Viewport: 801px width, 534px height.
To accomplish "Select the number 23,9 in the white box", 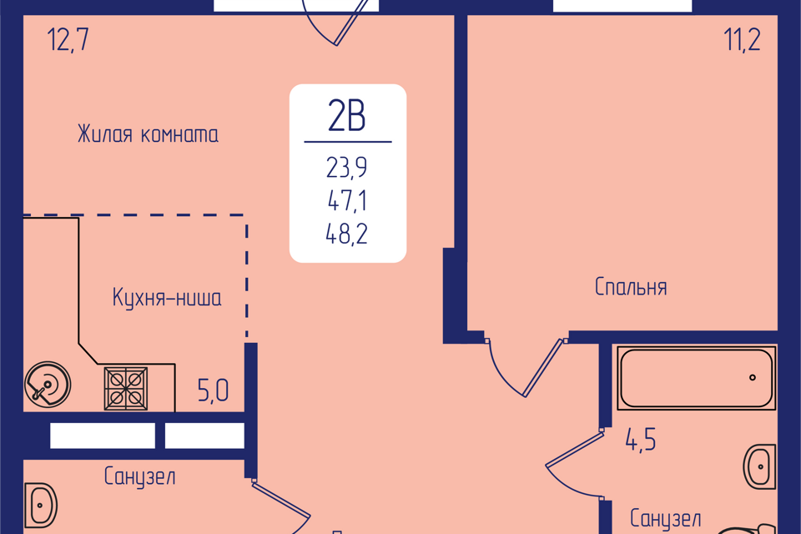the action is click(x=347, y=168).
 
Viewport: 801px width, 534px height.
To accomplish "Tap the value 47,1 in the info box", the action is click(x=347, y=200).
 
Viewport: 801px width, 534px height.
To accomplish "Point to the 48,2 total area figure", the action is click(x=347, y=234).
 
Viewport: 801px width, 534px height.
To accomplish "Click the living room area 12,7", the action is click(x=68, y=40).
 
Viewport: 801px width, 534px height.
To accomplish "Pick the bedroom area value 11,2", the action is click(x=743, y=39).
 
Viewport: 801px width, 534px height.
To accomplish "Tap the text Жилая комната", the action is click(x=149, y=134).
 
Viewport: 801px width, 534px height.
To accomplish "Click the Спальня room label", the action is click(x=631, y=287).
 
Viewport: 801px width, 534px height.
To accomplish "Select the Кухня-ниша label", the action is click(x=167, y=297).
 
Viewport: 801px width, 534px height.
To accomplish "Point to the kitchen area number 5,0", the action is click(x=213, y=391).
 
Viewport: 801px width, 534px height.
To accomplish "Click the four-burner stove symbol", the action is click(x=126, y=388).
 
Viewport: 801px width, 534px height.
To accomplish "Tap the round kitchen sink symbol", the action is click(x=48, y=384).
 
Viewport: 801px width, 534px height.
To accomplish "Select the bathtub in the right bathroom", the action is click(x=696, y=378).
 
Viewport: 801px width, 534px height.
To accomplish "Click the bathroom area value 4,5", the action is click(x=641, y=440).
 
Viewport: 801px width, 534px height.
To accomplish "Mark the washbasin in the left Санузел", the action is click(x=40, y=506).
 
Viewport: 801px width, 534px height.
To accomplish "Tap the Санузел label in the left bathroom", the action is click(x=140, y=476).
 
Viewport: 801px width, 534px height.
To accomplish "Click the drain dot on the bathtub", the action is click(x=753, y=378).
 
